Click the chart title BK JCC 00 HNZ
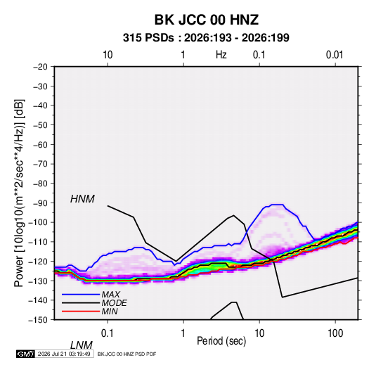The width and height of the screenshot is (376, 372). [x=206, y=20]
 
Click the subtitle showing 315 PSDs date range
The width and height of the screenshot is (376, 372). [x=206, y=38]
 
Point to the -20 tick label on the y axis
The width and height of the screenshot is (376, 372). [x=40, y=67]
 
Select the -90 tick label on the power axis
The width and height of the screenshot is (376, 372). [x=40, y=203]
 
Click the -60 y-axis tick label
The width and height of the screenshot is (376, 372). [x=40, y=144]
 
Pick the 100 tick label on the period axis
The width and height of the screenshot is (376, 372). [x=335, y=333]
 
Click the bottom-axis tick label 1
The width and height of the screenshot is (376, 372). [x=183, y=333]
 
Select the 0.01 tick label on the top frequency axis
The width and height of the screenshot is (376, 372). [x=335, y=55]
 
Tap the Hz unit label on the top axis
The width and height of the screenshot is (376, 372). [x=221, y=55]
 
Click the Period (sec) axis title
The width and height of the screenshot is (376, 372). [x=221, y=341]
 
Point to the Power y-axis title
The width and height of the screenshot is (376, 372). [x=19, y=193]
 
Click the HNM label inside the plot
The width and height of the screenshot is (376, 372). [x=82, y=199]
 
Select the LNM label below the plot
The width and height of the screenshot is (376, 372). [x=82, y=345]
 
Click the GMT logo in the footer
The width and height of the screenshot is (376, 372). [x=25, y=354]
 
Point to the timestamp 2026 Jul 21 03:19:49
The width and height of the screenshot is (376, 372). [x=64, y=354]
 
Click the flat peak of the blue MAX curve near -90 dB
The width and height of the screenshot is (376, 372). [x=277, y=205]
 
